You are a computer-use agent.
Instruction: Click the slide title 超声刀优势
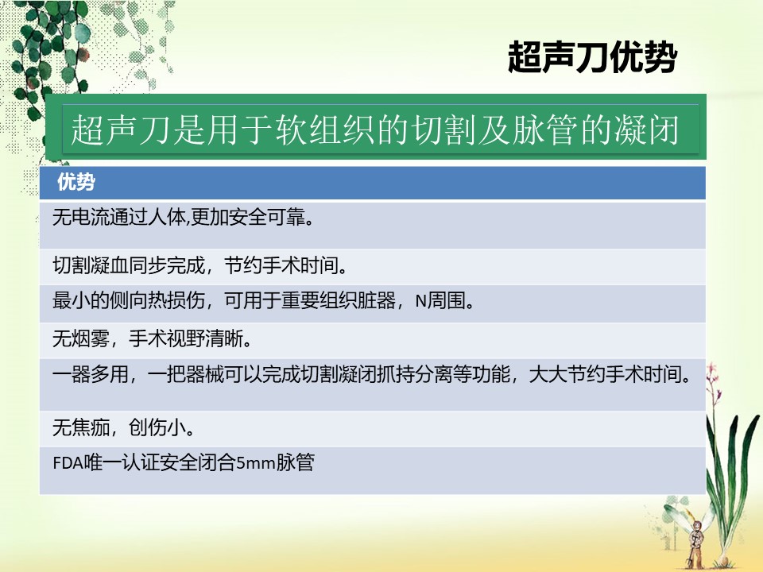click(x=592, y=57)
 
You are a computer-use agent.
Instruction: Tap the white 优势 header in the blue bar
click(x=76, y=182)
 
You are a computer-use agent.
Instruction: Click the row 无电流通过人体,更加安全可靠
click(x=183, y=217)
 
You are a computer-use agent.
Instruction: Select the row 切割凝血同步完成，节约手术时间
click(x=200, y=265)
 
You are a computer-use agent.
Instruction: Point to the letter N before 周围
click(x=421, y=302)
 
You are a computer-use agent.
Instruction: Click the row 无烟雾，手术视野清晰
click(x=153, y=338)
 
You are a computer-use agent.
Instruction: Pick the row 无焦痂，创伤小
click(x=124, y=427)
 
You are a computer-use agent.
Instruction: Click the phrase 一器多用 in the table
click(x=91, y=374)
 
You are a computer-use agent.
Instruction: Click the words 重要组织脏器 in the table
click(x=339, y=302)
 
